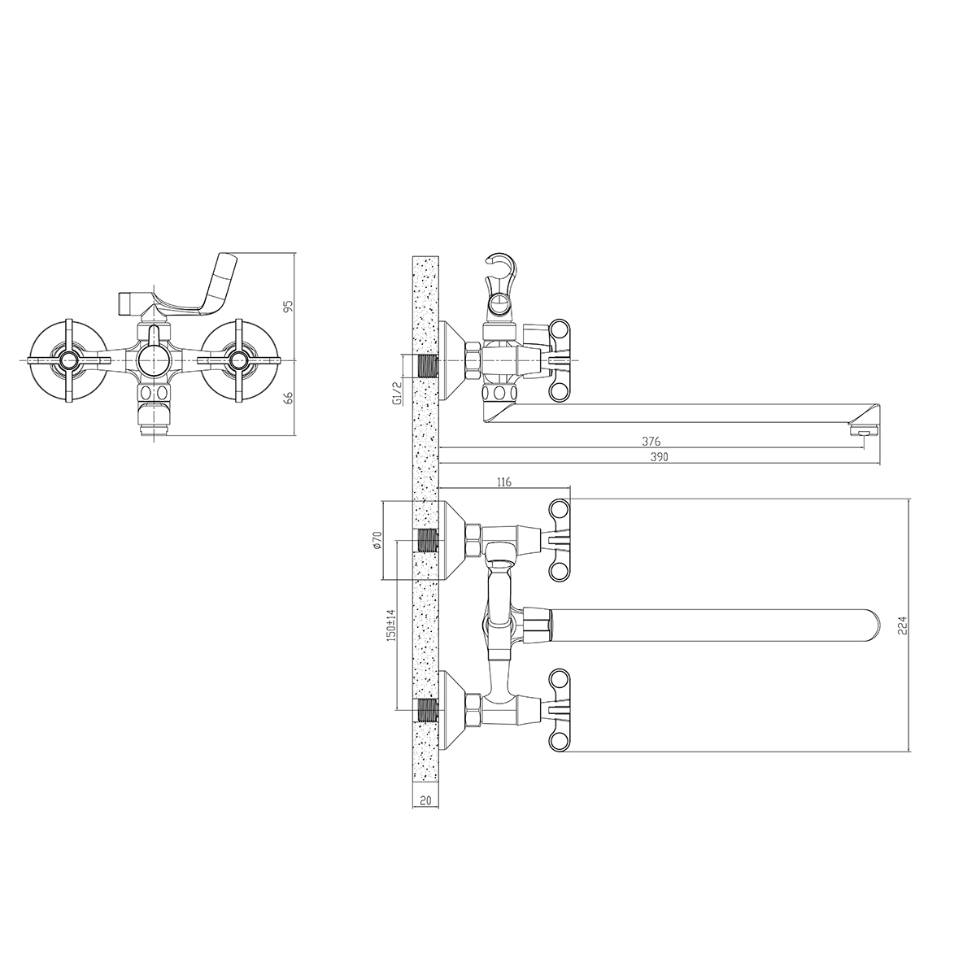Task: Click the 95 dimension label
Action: pyautogui.click(x=289, y=307)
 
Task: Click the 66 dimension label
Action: pyautogui.click(x=289, y=398)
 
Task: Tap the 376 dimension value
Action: pyautogui.click(x=651, y=442)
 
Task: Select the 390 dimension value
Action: pyautogui.click(x=659, y=457)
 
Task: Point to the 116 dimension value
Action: pyautogui.click(x=504, y=482)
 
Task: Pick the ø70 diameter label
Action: pyautogui.click(x=377, y=540)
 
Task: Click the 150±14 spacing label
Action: pyautogui.click(x=390, y=626)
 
